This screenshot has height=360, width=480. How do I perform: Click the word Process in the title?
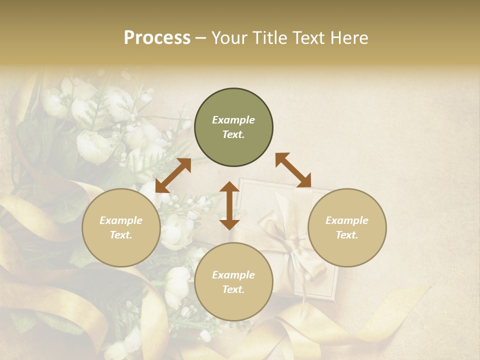pos(157,38)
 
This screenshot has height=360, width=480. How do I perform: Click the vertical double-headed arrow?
pos(229,205)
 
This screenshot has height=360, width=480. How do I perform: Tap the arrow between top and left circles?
pos(173,175)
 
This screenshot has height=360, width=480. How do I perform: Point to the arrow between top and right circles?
pos(293,170)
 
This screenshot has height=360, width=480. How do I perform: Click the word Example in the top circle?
pos(233,120)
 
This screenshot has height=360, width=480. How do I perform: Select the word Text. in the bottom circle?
pos(233,289)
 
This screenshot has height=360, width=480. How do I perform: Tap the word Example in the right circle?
pos(347,220)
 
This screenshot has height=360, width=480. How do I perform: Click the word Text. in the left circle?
pos(121,235)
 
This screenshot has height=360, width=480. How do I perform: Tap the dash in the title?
pos(201,38)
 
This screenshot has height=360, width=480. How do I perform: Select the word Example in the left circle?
pos(121,220)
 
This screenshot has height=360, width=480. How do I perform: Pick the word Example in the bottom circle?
pos(233,275)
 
